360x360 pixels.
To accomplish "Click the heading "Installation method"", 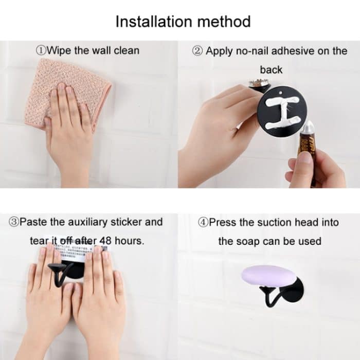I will [x=183, y=22].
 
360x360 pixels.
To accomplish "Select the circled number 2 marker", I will [x=197, y=51].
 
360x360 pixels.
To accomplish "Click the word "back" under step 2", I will [x=271, y=69].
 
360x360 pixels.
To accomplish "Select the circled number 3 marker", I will [x=14, y=222].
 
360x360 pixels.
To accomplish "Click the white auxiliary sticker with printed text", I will [x=72, y=245].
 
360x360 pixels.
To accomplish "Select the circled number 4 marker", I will [x=203, y=222].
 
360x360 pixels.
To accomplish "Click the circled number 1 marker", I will [x=41, y=50].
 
